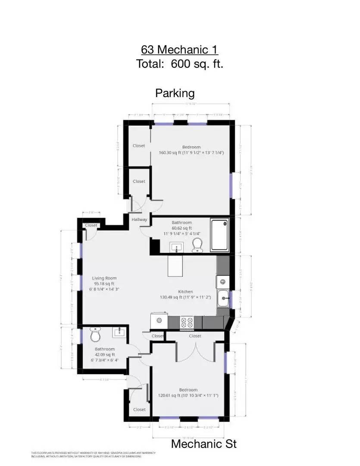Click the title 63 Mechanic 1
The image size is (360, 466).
coord(179,49)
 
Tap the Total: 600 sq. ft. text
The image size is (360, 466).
coord(179,64)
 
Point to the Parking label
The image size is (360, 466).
coord(175,93)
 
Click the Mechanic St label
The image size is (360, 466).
coord(203,444)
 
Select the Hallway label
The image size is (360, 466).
coord(139,220)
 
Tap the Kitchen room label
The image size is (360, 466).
coord(185,292)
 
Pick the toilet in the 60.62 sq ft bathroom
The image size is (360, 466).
coord(197,244)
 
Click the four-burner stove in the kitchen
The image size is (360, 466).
coord(187,321)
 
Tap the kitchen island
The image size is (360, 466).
coord(175,266)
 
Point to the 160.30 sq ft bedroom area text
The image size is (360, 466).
coord(191,153)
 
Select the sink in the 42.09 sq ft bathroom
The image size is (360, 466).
coord(118,332)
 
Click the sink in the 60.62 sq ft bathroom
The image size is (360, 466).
coord(176,247)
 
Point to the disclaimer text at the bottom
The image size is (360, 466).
coord(93,454)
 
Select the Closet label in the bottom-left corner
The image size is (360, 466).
coord(139,409)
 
